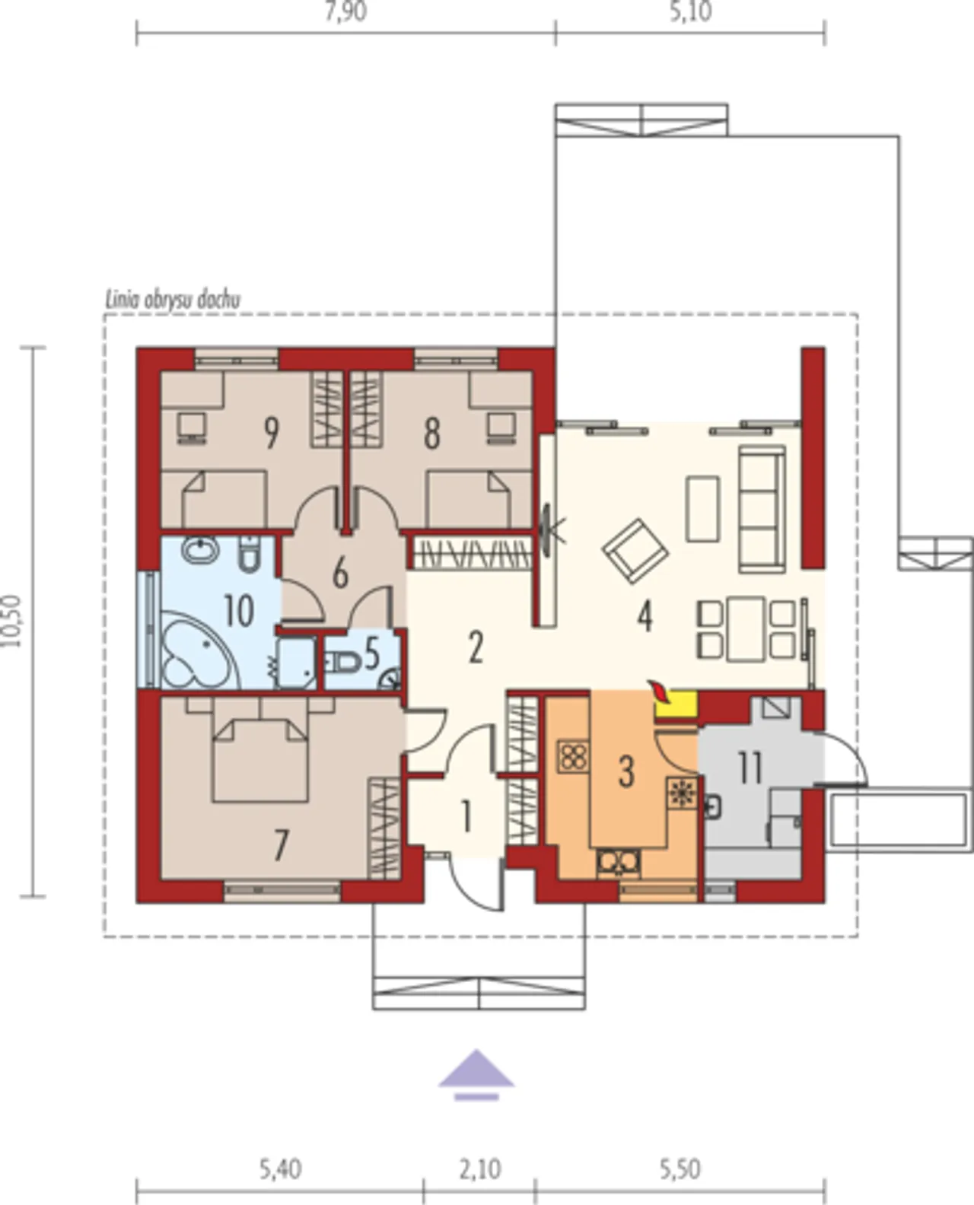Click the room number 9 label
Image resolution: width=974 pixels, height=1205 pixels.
272,434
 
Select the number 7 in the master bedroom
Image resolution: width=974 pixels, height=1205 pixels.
282,844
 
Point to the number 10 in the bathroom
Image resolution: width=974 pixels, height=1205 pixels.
239,611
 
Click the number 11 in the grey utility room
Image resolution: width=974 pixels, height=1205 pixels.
750,768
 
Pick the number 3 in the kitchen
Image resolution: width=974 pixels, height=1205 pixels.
626,771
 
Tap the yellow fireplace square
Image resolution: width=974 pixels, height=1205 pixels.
676,705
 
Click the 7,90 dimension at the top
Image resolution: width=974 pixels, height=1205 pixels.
345,11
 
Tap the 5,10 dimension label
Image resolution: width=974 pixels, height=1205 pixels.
690,11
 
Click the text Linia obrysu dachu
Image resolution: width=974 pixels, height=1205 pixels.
173,300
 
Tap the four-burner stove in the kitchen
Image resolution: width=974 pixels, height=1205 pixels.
574,756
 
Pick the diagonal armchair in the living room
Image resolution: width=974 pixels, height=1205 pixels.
635,551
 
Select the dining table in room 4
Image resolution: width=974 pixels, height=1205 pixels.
746,629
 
